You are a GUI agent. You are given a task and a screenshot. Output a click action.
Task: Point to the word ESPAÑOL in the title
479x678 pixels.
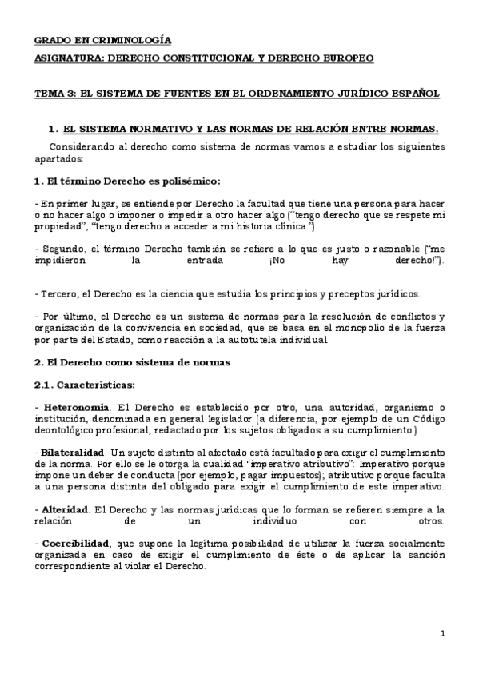(413, 94)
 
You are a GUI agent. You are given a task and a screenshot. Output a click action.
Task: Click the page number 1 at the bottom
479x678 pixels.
(442, 634)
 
